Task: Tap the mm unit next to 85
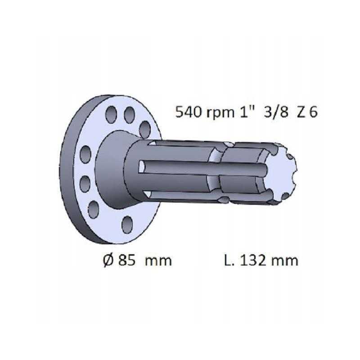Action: [158, 261]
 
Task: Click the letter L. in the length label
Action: [228, 261]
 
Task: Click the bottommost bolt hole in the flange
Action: [127, 224]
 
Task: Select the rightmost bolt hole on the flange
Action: [145, 130]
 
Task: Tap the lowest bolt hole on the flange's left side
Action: [94, 209]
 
